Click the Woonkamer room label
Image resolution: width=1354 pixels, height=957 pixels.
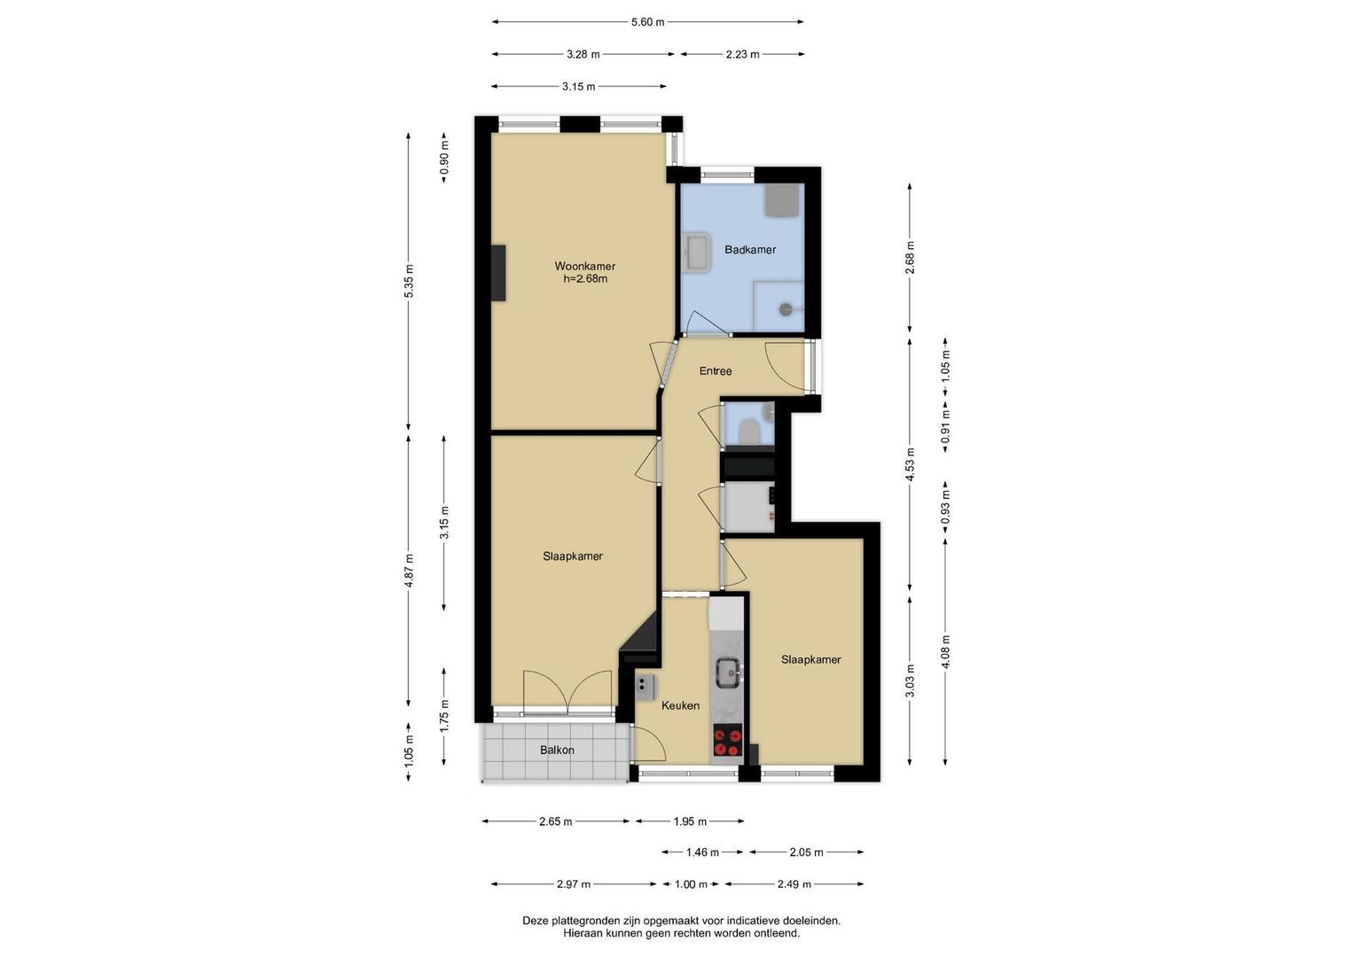tap(584, 266)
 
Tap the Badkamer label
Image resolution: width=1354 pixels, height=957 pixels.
tap(750, 250)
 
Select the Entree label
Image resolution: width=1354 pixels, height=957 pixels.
tap(716, 371)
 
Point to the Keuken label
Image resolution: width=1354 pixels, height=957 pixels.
tap(681, 705)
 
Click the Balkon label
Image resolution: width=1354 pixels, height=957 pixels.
tap(558, 750)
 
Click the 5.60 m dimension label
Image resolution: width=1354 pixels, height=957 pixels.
tap(648, 22)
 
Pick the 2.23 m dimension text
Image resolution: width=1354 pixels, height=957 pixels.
tap(742, 54)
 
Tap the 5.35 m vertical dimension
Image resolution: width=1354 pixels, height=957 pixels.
tap(410, 281)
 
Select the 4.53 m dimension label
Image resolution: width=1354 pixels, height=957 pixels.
tap(911, 464)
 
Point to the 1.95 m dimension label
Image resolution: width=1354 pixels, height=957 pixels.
tap(690, 821)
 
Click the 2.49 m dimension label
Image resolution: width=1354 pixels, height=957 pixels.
tap(794, 884)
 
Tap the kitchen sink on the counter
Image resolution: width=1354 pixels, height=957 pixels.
tap(730, 673)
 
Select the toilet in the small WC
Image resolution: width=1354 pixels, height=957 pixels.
tap(749, 432)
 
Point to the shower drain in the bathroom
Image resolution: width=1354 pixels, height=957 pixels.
tap(786, 309)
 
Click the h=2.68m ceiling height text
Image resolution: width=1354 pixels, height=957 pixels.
tap(585, 279)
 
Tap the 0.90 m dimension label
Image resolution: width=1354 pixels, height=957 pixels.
tap(445, 158)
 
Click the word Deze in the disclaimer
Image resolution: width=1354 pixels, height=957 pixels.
tap(535, 921)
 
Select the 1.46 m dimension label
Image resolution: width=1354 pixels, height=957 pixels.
tap(702, 852)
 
